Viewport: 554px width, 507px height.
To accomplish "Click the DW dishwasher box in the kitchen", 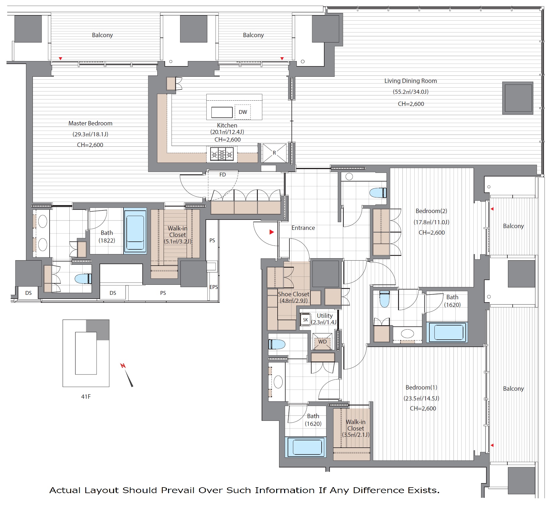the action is (243, 112).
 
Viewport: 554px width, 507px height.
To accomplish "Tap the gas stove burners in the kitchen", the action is (222, 154).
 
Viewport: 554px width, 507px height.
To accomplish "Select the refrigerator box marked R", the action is (274, 153).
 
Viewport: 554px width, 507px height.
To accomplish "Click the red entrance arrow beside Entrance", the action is (272, 232).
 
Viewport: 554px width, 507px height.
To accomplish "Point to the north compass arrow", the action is (127, 375).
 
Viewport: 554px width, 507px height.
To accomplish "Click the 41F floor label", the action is (86, 397).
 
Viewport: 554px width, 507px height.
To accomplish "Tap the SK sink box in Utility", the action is (305, 320).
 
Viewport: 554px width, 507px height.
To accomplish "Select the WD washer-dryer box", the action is (322, 341).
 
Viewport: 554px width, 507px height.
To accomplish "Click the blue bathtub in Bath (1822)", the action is (135, 230).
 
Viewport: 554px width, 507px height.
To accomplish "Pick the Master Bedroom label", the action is (90, 123).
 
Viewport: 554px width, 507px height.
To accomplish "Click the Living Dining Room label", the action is (410, 81).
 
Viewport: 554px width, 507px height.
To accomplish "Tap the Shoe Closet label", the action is (294, 294).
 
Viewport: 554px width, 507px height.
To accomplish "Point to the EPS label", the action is (214, 287).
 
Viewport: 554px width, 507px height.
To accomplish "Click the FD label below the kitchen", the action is (223, 175).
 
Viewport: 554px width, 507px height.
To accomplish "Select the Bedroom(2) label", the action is (431, 211).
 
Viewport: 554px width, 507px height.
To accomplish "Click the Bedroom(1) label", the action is (421, 387).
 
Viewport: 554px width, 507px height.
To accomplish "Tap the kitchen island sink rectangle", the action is (222, 112).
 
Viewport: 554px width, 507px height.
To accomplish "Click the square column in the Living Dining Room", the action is (518, 98).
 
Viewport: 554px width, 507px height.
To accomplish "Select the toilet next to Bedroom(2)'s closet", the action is (378, 193).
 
